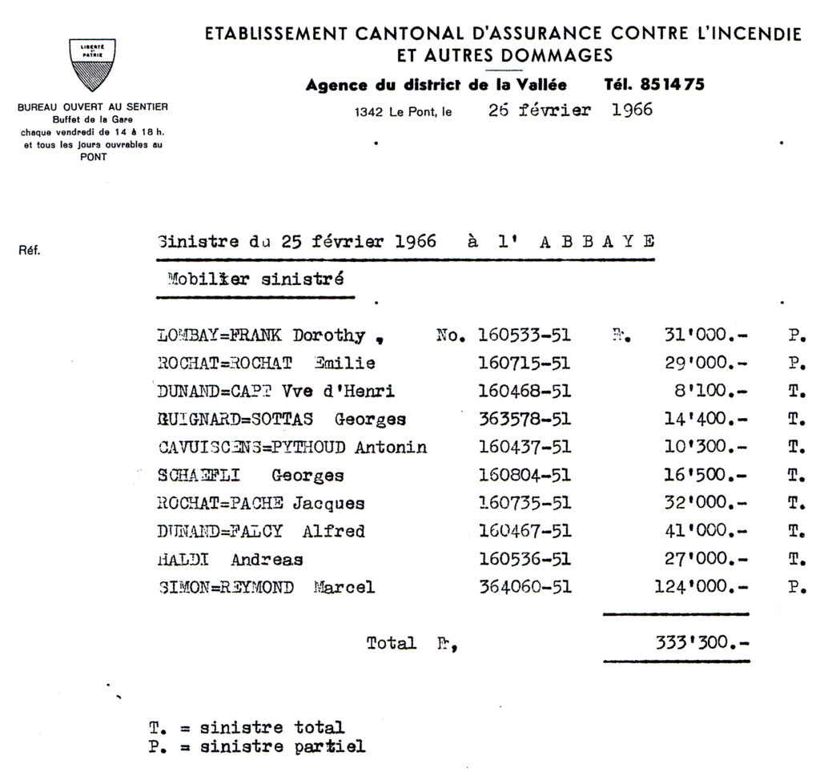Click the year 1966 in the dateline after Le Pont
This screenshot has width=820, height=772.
[x=632, y=111]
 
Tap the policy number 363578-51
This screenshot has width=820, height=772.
[x=524, y=419]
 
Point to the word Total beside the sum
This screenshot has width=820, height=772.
[x=391, y=642]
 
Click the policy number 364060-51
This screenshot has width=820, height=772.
[x=524, y=587]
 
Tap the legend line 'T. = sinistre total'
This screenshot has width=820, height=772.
[x=247, y=728]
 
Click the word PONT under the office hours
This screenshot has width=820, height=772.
[x=94, y=157]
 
